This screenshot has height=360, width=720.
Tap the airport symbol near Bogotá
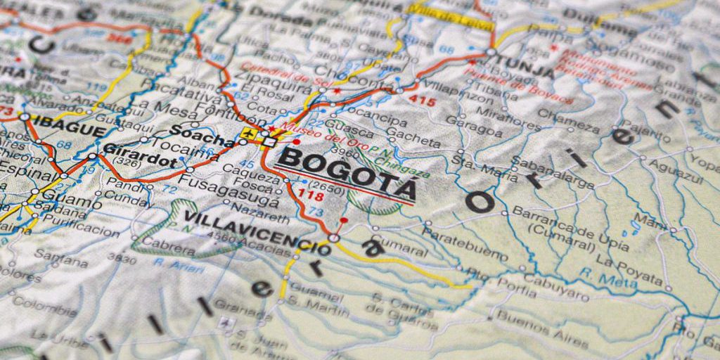[247, 133]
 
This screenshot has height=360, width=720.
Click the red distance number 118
[311, 194]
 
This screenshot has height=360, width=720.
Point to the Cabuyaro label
[555, 285]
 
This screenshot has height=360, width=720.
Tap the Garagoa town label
[474, 125]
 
